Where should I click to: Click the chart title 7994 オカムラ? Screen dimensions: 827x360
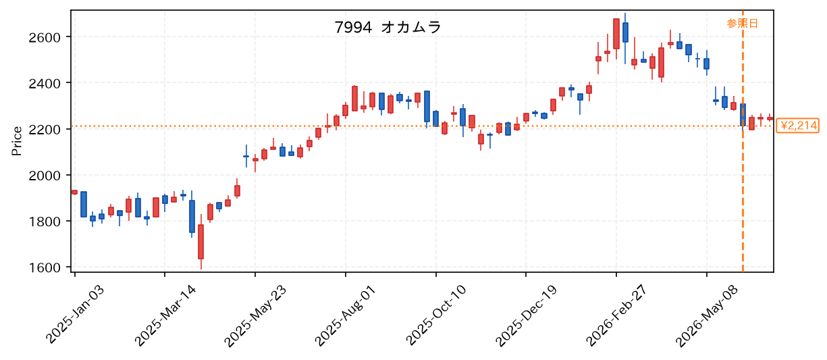388,27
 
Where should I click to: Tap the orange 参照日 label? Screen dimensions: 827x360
742,24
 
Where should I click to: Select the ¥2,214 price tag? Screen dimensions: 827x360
797,126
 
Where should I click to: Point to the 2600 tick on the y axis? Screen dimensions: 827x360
45,37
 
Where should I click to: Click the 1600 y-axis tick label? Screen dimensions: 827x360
45,267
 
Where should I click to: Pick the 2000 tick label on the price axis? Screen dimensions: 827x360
45,176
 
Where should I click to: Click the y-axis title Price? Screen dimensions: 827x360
17,141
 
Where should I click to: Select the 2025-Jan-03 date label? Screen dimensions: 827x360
75,315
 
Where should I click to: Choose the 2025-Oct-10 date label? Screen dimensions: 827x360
436,315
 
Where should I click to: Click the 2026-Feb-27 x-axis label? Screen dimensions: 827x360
616,315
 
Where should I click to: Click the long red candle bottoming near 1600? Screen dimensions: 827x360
201,242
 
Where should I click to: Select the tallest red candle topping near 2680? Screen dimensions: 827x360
616,34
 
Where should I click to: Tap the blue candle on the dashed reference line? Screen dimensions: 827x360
743,115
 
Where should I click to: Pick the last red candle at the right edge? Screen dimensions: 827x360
770,118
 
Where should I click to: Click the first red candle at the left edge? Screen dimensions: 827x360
74,192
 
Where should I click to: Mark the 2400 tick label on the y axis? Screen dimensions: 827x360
45,84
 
